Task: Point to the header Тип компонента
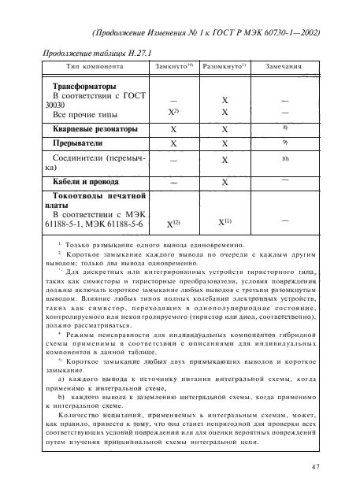tap(91, 67)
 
